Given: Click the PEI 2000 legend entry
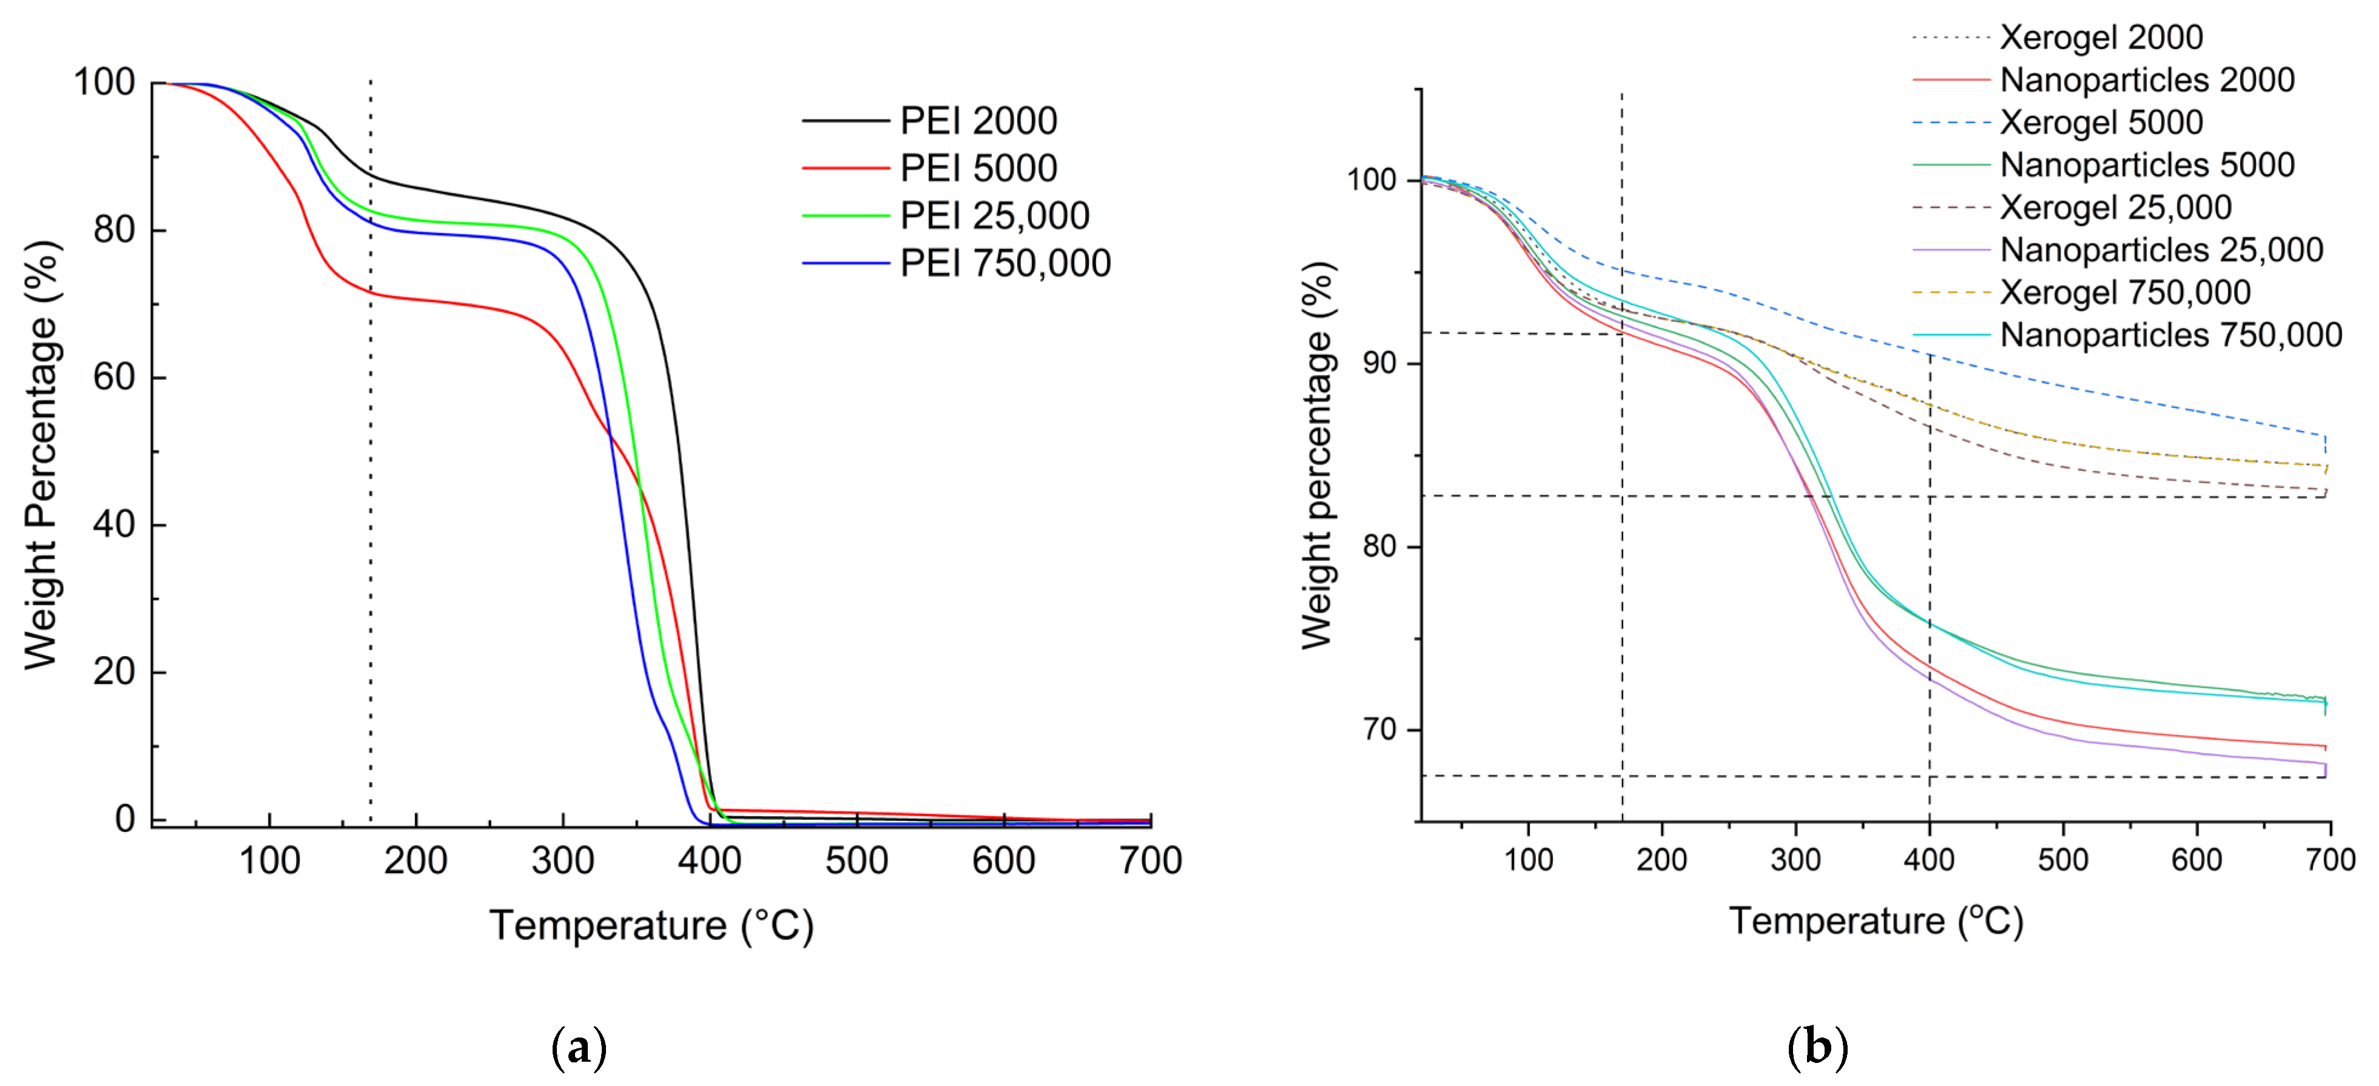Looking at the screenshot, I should point(977,121).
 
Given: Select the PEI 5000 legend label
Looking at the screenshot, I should point(977,168).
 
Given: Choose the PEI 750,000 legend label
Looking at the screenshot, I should point(1004,264).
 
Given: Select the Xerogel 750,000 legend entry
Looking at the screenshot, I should point(2124,293).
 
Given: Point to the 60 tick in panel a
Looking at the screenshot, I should point(113,378).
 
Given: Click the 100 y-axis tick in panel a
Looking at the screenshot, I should point(104,83).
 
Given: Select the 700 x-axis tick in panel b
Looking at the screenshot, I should point(2330,860).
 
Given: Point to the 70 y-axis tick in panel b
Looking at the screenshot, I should point(1380,729).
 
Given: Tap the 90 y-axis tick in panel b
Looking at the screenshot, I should point(1380,363).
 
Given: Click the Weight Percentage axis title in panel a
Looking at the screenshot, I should point(42,455).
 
